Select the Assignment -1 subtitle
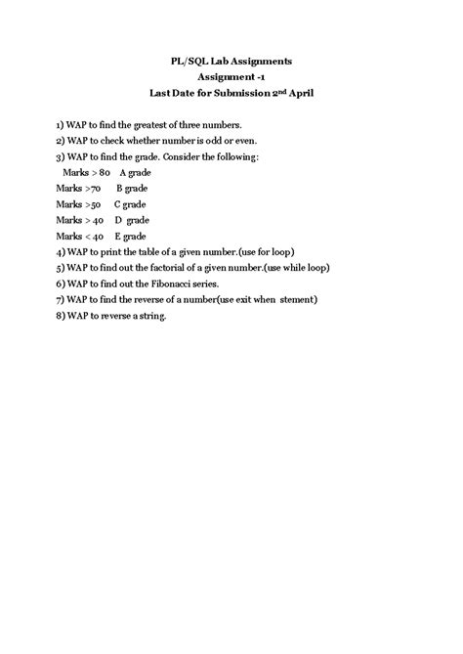(231, 77)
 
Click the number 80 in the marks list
(105, 172)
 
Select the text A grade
(136, 172)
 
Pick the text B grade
(132, 188)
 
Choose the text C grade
(130, 204)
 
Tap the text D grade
(131, 220)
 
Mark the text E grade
(130, 236)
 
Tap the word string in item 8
(152, 315)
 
